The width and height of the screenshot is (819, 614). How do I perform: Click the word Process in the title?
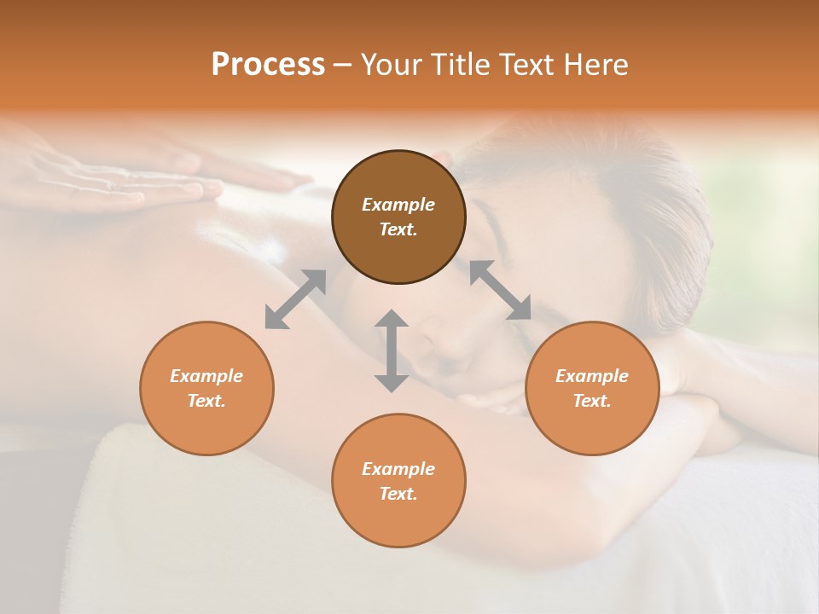[268, 65]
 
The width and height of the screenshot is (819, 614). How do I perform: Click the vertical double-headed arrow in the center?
[392, 350]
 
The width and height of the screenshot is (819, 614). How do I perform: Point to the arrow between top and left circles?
[295, 299]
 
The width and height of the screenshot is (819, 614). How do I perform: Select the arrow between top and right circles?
[500, 290]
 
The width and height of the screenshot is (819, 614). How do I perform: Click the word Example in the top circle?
[398, 205]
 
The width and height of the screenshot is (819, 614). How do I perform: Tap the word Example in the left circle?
[206, 376]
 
